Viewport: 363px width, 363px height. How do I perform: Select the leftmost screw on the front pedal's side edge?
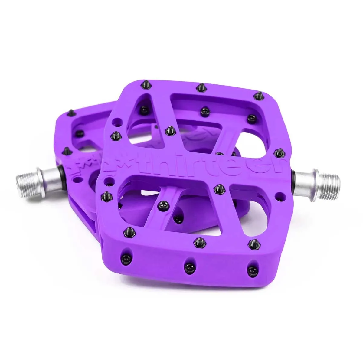point(126,252)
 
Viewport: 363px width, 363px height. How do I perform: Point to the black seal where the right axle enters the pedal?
point(293,176)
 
